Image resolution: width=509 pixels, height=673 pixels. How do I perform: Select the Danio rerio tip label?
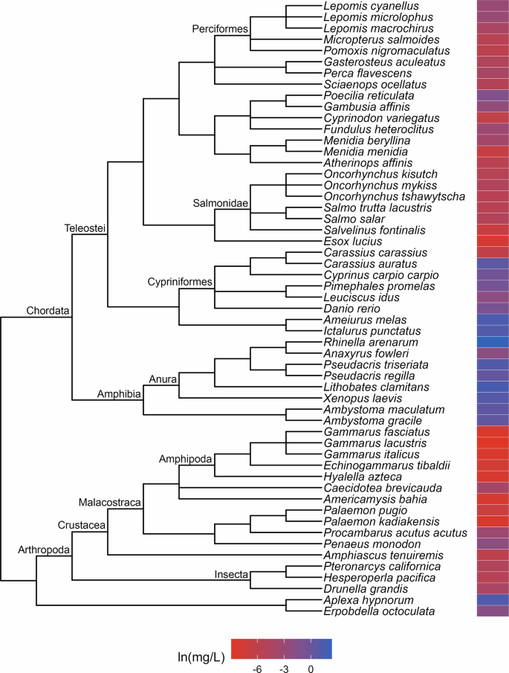348,308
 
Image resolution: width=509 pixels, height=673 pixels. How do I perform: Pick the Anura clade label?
163,379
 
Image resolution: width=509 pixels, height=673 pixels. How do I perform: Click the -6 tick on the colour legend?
258,669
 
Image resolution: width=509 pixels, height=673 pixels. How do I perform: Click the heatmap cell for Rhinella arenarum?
493,342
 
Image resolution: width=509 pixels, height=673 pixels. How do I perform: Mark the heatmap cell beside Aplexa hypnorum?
493,600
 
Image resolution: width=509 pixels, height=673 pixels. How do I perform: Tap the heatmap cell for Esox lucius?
493,241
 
